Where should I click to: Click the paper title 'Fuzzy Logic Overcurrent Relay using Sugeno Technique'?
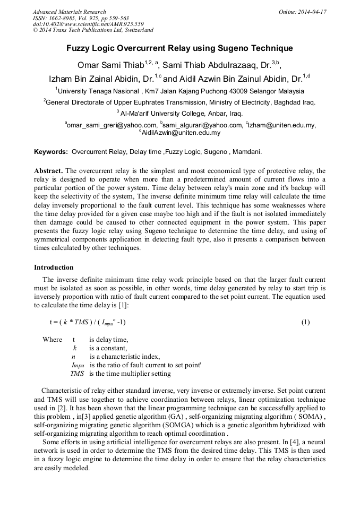(179, 48)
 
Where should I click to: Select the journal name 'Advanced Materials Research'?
(69, 12)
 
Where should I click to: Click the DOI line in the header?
(88, 24)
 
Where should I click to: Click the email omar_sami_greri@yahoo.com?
(111, 125)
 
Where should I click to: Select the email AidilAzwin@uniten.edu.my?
(181, 133)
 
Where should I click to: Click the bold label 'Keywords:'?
(51, 152)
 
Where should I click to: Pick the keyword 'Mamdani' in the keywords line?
(246, 152)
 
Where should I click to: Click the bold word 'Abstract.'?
(48, 171)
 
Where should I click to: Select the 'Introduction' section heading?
(54, 267)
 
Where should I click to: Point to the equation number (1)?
(305, 322)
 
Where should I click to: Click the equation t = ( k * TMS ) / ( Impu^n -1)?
(88, 322)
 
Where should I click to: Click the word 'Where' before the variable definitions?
(52, 340)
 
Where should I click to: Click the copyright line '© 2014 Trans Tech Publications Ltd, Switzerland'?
(93, 30)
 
